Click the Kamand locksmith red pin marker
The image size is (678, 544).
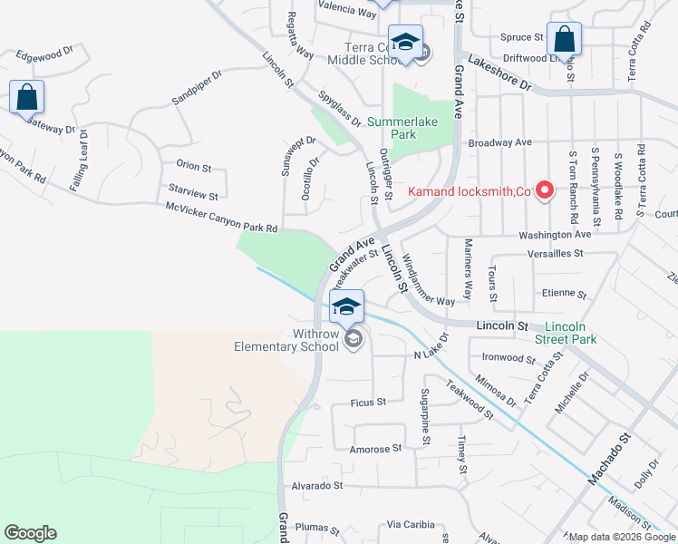544,190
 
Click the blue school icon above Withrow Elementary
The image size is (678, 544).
346,306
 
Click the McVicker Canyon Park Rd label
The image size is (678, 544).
221,216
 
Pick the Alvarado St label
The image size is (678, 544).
316,486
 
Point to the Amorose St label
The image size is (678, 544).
375,449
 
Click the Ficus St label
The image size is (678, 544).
368,402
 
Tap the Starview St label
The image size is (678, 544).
193,195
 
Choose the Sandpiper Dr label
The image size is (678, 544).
197,89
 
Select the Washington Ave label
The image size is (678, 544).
555,234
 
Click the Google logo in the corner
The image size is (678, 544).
30,533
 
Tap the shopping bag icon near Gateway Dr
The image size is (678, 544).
26,96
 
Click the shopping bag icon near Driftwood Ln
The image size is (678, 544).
564,38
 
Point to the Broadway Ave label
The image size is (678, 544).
499,143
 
